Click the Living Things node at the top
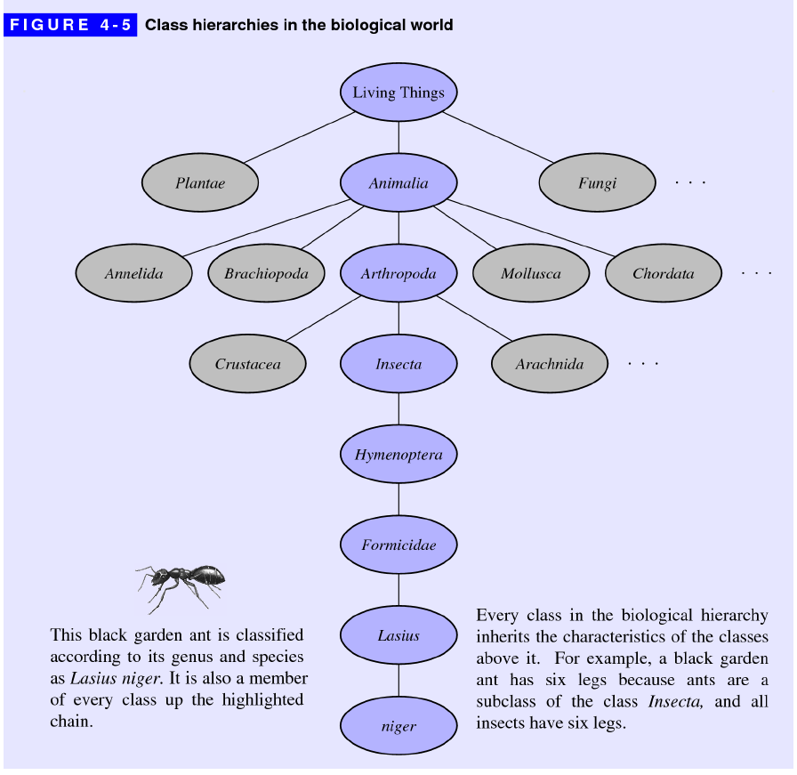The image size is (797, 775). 398,93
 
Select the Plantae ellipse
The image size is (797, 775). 200,183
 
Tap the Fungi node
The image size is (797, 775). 597,183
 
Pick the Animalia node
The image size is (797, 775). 398,183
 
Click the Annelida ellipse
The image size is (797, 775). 133,273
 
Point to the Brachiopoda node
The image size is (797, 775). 266,273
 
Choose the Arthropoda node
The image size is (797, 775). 398,273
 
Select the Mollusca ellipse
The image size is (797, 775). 531,273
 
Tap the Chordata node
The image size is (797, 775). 663,273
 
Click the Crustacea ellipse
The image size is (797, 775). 247,364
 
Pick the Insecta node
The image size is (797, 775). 398,364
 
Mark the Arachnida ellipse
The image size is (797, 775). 550,364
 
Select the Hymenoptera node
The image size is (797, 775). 398,455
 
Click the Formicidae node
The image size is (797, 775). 398,545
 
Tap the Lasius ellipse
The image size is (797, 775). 398,635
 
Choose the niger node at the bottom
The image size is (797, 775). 398,726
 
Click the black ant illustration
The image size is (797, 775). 181,584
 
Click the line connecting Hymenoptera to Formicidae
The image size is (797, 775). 398,500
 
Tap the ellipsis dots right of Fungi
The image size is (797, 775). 690,183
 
